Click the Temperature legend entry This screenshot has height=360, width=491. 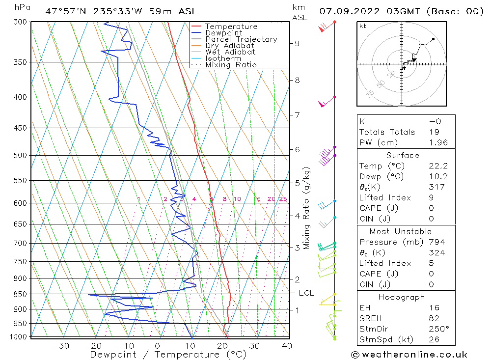click(231, 27)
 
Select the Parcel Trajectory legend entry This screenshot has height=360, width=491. click(241, 39)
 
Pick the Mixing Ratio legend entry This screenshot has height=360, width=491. click(231, 64)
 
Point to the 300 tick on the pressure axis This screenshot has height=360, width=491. click(20, 22)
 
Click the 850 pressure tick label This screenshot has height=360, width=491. click(20, 294)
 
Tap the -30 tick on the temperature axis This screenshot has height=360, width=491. click(60, 346)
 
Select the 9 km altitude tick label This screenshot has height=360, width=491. click(297, 43)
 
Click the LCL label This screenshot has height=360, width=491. click(306, 293)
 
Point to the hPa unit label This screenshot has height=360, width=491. click(21, 7)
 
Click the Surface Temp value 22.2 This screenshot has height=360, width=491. click(438, 166)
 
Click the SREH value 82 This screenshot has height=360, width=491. click(434, 318)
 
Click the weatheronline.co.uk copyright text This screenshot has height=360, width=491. click(409, 355)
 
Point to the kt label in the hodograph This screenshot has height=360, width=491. click(362, 26)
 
